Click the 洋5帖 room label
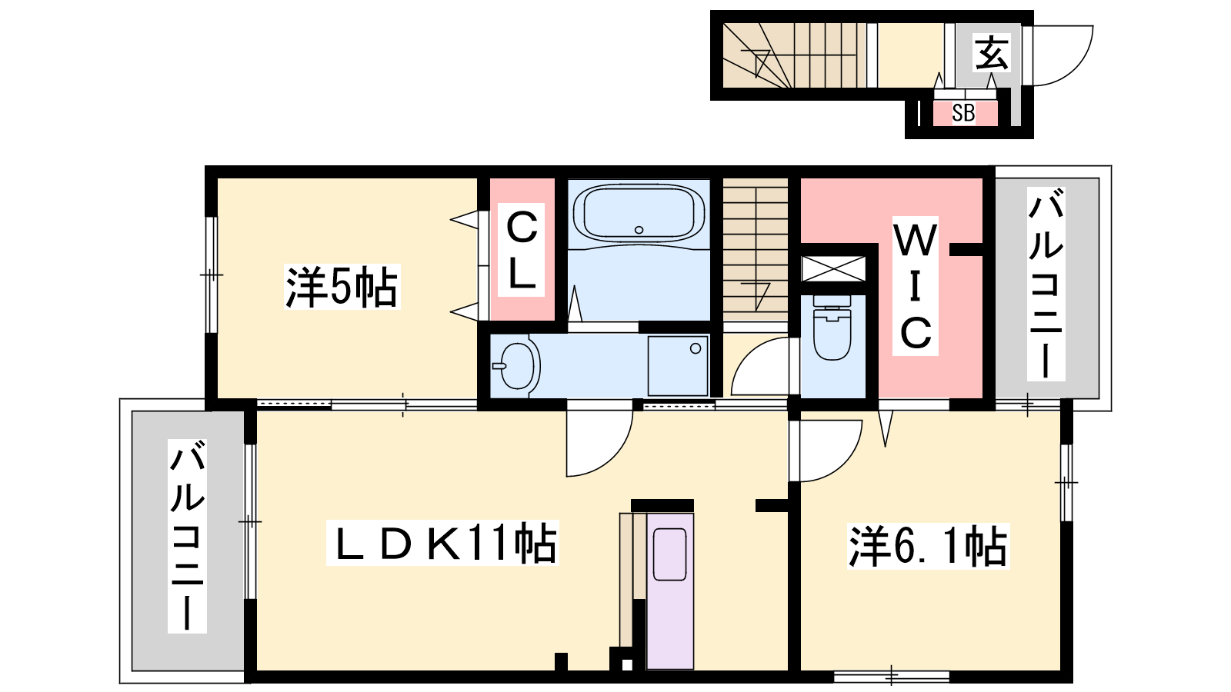(x=342, y=287)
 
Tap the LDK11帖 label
(x=442, y=543)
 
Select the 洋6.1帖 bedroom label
(x=928, y=546)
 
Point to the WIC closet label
(x=915, y=286)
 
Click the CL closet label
(x=522, y=251)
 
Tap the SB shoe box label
(x=963, y=113)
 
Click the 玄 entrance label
(x=992, y=53)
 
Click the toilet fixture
(x=832, y=328)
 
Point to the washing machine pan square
(x=678, y=366)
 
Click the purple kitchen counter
(x=670, y=591)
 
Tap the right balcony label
(x=1046, y=284)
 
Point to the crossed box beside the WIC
(x=833, y=269)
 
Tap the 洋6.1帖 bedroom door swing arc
(x=841, y=461)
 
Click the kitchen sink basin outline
(x=670, y=554)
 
